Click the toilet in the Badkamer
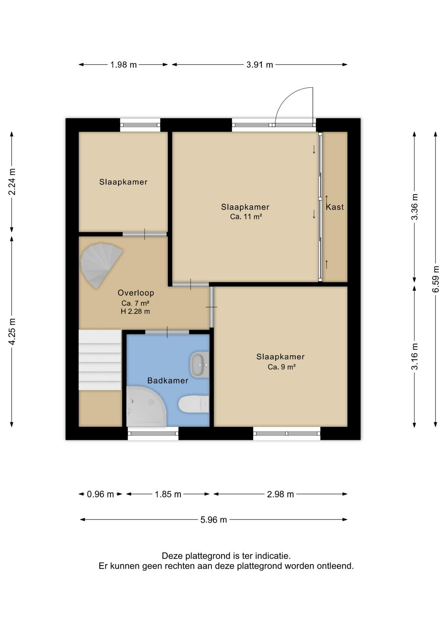pos(194,404)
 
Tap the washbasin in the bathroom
pos(199,365)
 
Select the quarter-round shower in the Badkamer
pos(146,407)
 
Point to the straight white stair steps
pos(100,360)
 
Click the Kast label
pos(335,207)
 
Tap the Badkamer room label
pos(168,381)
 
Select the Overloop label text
pos(136,293)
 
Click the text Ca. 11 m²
pos(246,217)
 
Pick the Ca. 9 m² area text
pos(281,367)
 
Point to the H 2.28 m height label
pos(135,311)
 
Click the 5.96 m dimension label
pos(214,520)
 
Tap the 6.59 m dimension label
pos(436,279)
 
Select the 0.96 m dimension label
pos(100,494)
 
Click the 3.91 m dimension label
pos(260,65)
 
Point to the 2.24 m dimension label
pos(12,182)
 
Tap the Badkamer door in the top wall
pos(167,332)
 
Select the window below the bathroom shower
pos(153,434)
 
